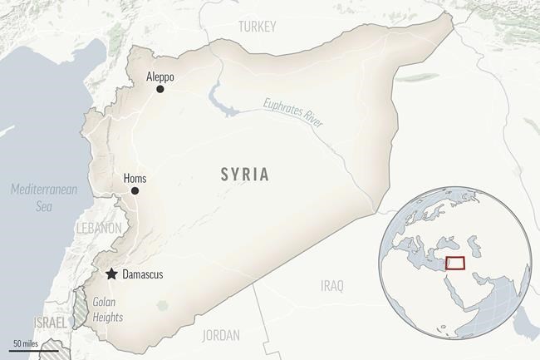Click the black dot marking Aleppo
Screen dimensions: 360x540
pos(160,89)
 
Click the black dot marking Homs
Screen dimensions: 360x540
pos(135,190)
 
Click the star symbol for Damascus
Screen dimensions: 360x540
pos(110,274)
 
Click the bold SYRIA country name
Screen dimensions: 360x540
pos(244,175)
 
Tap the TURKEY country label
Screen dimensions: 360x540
pos(257,27)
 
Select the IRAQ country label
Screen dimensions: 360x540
pos(331,286)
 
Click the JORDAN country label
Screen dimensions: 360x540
pos(220,335)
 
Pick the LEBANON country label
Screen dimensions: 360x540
pos(99,227)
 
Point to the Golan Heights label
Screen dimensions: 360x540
pos(108,310)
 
